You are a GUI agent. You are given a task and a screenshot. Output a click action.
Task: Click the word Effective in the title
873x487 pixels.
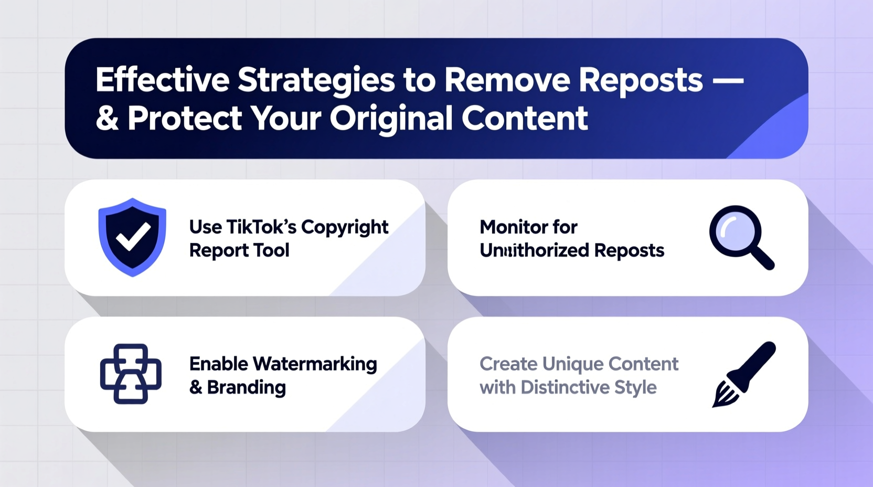(x=162, y=80)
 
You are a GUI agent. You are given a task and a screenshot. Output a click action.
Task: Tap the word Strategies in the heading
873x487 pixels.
(x=316, y=81)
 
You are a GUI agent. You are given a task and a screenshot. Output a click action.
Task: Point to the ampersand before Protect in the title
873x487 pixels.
(x=107, y=119)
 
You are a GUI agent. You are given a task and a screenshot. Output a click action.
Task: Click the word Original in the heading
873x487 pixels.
(x=391, y=119)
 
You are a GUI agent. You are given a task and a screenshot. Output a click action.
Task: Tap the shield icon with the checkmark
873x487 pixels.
(x=132, y=237)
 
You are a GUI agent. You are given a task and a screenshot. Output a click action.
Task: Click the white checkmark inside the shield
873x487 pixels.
(x=133, y=236)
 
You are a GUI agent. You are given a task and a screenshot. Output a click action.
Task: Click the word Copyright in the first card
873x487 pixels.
(x=345, y=228)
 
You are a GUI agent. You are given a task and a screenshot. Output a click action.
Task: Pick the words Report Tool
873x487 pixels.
(x=239, y=250)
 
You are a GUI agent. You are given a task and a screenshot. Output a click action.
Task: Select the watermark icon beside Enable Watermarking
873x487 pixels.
(x=131, y=374)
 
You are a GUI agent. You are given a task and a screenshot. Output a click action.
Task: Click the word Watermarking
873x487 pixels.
(x=315, y=364)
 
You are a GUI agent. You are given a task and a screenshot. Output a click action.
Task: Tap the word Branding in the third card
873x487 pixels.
(x=246, y=387)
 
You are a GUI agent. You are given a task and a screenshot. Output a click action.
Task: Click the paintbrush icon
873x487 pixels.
(x=744, y=374)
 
